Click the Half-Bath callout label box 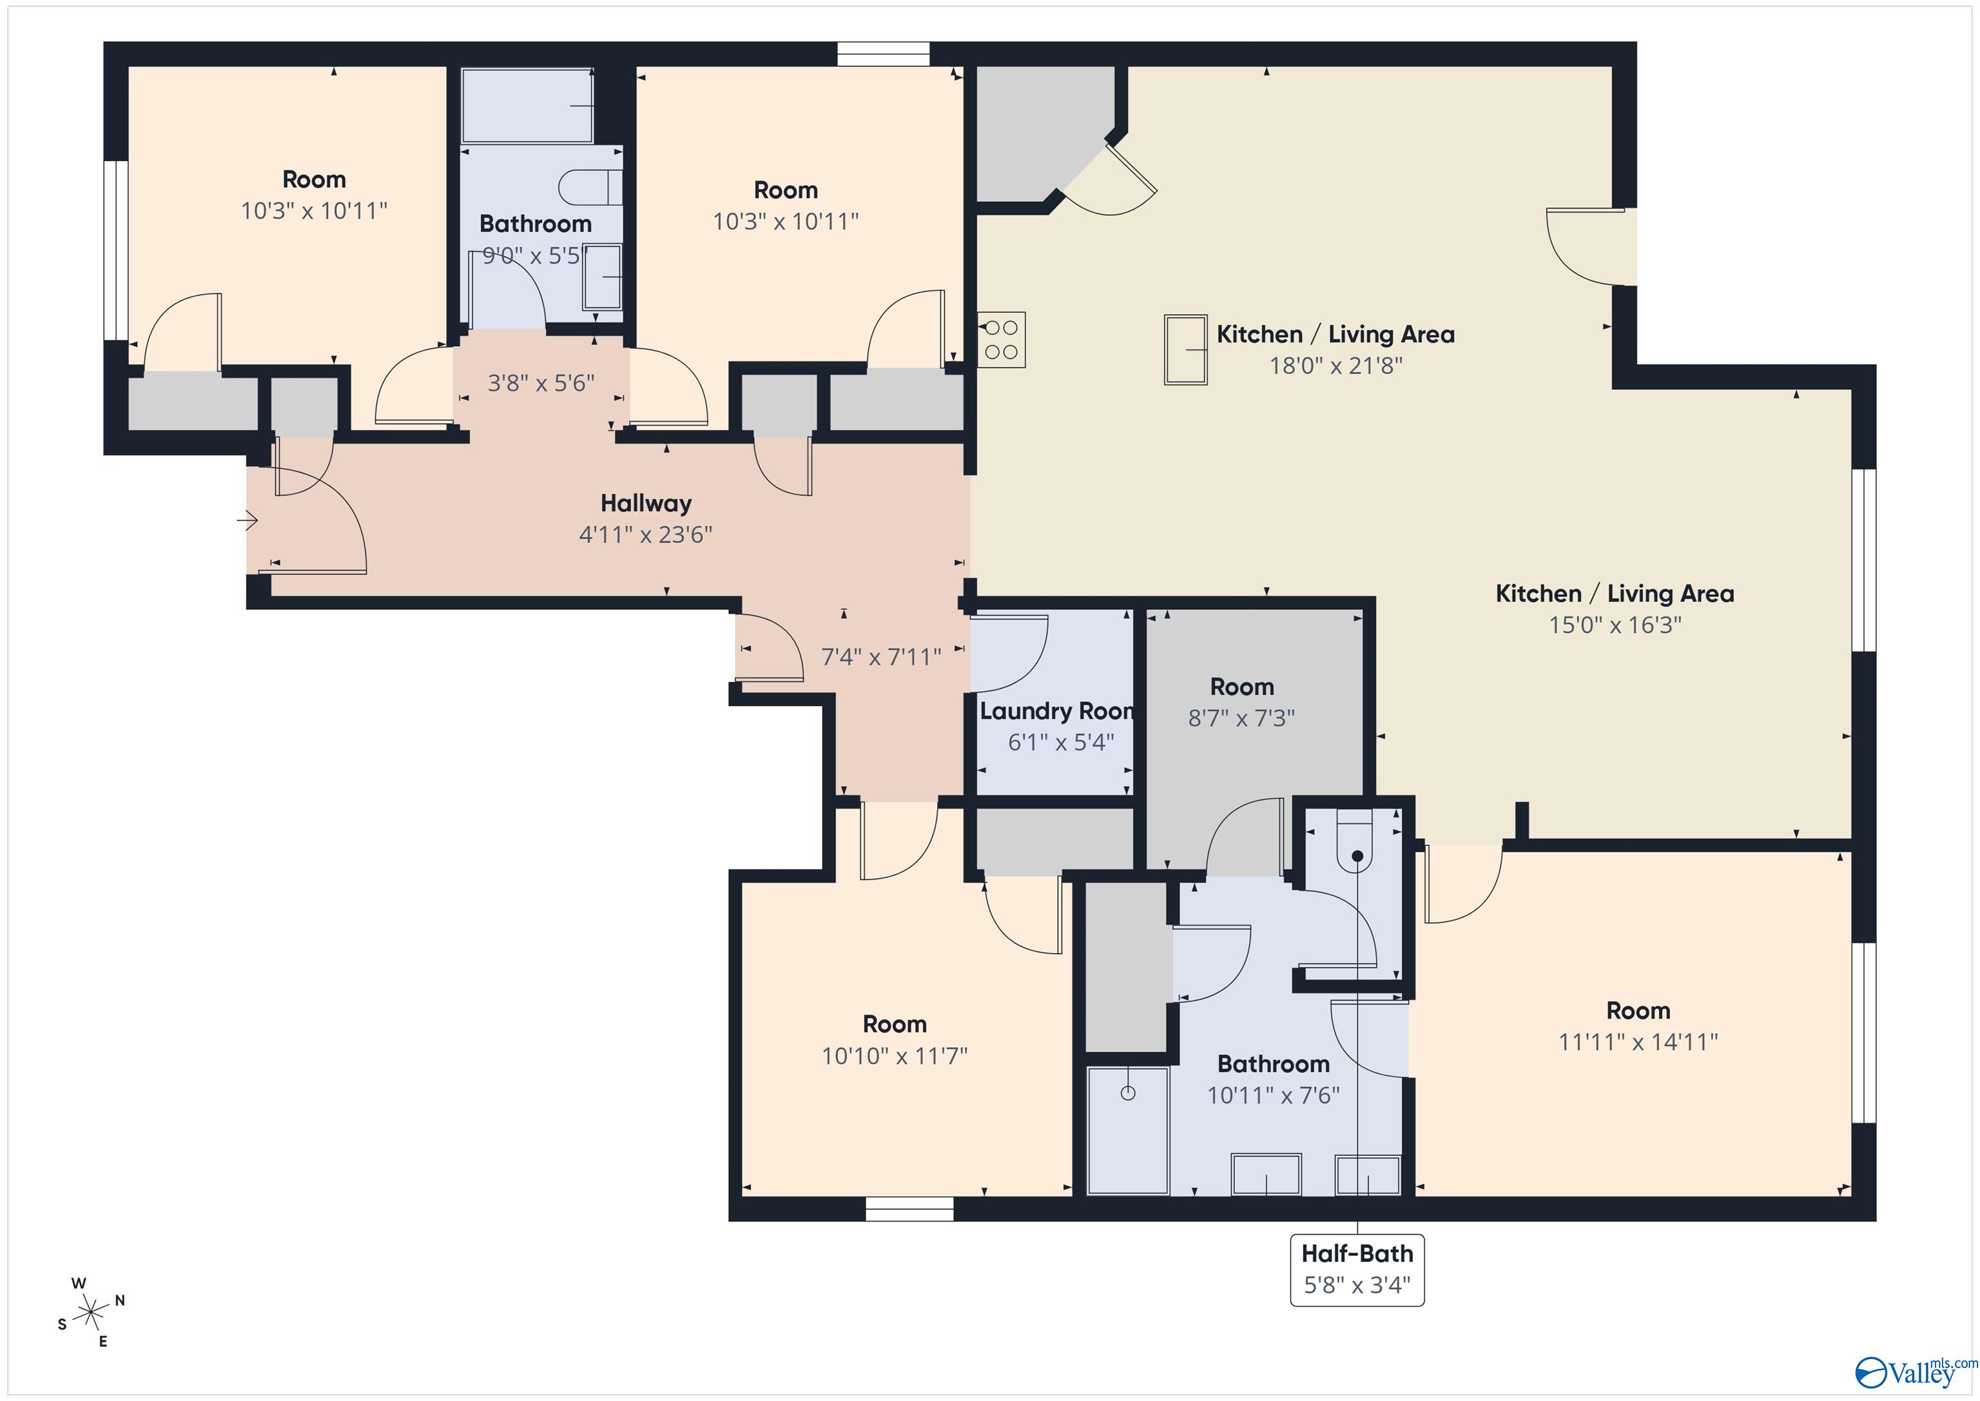(1357, 1269)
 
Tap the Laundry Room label (1056, 711)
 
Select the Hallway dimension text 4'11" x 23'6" (645, 535)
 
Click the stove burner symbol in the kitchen (1001, 340)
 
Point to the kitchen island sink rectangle (1185, 349)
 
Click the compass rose (90, 1313)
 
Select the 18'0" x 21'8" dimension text (1335, 366)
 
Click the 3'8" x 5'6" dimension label (541, 383)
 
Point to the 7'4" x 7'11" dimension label (880, 658)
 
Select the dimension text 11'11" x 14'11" (1638, 1042)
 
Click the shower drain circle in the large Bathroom (1128, 1093)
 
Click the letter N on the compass (120, 1300)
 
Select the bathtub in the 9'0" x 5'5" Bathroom (528, 105)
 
